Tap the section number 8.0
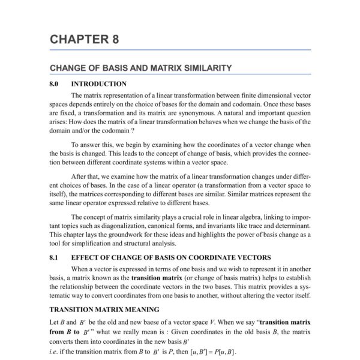coord(56,84)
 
